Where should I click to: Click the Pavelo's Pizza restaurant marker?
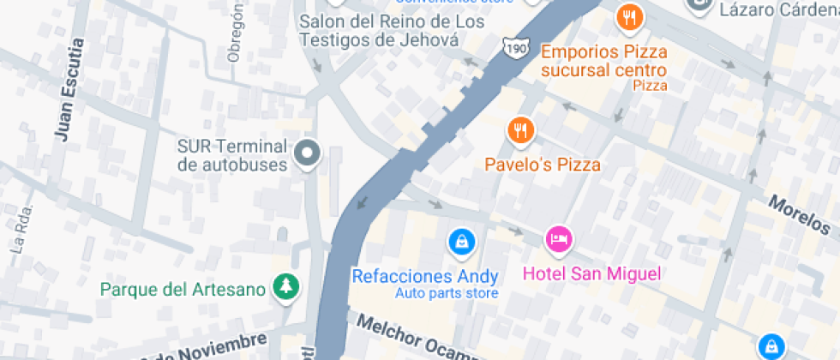[x=520, y=130]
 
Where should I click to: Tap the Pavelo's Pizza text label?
[x=543, y=165]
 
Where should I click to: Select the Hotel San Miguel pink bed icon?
[x=559, y=240]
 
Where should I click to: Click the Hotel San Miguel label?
[x=592, y=274]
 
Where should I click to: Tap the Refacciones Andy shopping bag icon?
[x=462, y=242]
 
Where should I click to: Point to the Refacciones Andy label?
[x=425, y=276]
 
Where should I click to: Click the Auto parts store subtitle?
[x=446, y=294]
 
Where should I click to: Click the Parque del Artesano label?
[x=183, y=289]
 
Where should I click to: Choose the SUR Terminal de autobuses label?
[x=231, y=155]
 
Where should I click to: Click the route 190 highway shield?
[x=516, y=47]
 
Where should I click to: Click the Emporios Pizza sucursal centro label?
[x=603, y=61]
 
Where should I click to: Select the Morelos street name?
[x=799, y=215]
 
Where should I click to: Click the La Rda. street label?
[x=20, y=230]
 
